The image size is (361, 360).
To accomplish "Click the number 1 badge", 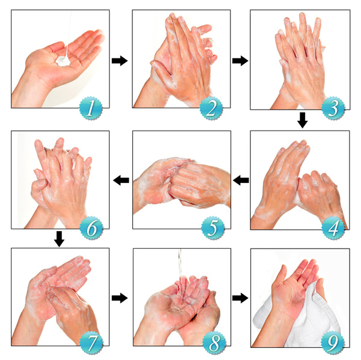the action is tap(91, 108).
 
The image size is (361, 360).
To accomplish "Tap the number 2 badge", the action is tap(211, 108).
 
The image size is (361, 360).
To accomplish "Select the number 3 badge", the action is tap(333, 108).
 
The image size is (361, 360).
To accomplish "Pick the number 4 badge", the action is tap(333, 228).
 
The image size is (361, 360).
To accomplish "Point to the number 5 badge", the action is tap(213, 228).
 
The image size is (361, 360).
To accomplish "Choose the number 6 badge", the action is tap(91, 228).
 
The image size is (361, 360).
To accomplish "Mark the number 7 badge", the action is tap(91, 343).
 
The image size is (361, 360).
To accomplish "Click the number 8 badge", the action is tap(214, 343).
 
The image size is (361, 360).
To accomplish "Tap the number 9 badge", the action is tap(333, 343).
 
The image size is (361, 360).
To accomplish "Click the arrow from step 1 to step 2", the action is tap(120, 61).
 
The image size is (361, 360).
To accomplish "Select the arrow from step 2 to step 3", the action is tap(240, 61).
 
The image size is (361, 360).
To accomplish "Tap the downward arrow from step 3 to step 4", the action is tap(303, 120).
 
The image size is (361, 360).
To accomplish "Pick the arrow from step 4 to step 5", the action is tap(241, 180).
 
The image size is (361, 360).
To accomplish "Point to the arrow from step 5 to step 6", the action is tap(121, 180).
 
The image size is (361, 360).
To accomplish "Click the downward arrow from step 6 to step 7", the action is tap(59, 239).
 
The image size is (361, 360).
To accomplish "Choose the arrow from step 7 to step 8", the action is tap(120, 298).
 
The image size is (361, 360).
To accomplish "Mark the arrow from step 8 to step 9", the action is tap(240, 298).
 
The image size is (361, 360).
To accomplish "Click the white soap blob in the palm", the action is tap(63, 61).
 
